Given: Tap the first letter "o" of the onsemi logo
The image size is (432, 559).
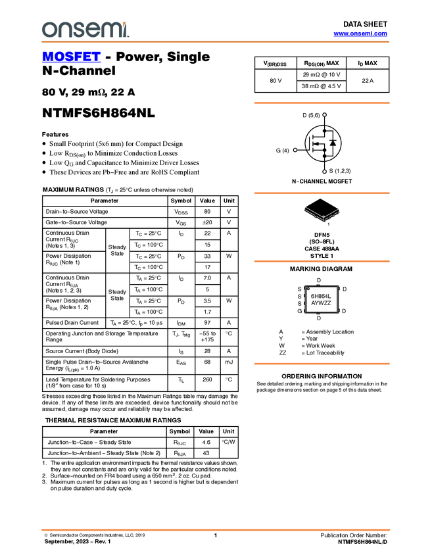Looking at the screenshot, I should [x=47, y=30].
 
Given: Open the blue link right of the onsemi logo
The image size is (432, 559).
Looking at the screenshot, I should [x=360, y=34].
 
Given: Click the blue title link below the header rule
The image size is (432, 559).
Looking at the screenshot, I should [x=71, y=57].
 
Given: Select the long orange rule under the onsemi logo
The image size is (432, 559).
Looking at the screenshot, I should [x=215, y=42].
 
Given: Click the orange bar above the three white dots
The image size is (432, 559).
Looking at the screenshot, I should [x=322, y=103].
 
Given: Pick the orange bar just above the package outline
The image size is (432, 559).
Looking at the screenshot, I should [x=322, y=193].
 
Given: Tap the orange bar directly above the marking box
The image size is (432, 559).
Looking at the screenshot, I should [x=322, y=261].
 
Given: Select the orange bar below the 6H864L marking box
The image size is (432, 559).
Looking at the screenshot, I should [x=322, y=364].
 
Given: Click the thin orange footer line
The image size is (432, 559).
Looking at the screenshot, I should [x=215, y=529].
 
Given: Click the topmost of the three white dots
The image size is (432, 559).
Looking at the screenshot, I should [x=324, y=115].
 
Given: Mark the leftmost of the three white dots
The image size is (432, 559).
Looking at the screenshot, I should [x=295, y=150].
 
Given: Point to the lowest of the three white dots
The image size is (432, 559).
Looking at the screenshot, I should [x=324, y=172].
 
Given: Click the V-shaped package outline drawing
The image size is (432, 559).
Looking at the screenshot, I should [x=322, y=214].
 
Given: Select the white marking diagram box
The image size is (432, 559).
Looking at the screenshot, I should [x=322, y=299].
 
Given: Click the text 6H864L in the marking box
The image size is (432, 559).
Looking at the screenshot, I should [x=322, y=296].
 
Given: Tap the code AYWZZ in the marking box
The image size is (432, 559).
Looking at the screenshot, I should [x=322, y=303].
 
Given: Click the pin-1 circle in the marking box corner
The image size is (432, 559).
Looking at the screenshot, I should [x=308, y=287].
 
